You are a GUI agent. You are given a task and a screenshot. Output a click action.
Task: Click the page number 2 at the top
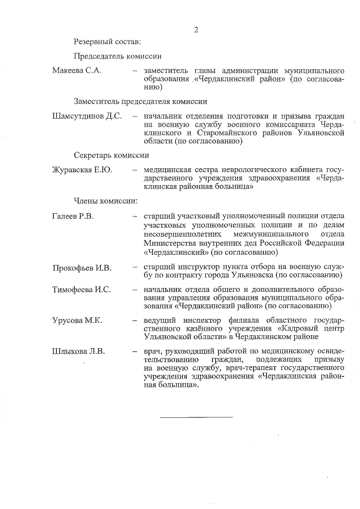pyautogui.click(x=196, y=30)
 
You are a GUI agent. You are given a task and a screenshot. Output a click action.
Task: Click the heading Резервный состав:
pyautogui.click(x=107, y=41)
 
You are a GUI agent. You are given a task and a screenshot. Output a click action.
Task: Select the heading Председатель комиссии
pyautogui.click(x=118, y=56)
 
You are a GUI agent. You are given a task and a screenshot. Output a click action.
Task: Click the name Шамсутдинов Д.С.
pyautogui.click(x=87, y=116)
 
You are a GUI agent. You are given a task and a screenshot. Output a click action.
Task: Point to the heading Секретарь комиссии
pyautogui.click(x=111, y=155)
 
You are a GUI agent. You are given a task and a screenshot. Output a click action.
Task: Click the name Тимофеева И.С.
pyautogui.click(x=81, y=290)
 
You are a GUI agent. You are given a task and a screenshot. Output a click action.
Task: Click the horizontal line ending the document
pyautogui.click(x=196, y=417)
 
